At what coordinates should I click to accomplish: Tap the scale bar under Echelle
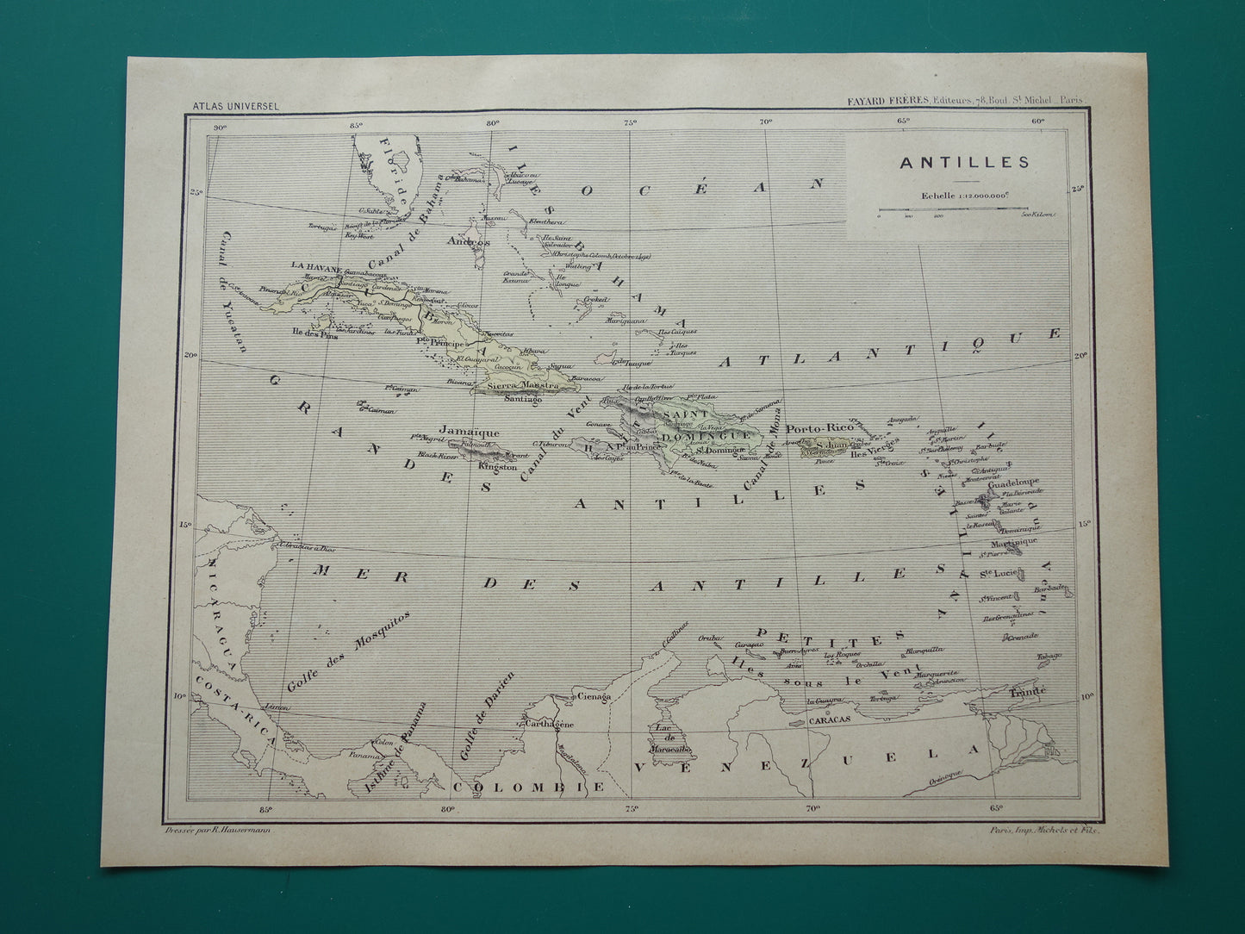(x=964, y=210)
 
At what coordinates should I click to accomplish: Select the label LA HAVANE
(x=318, y=265)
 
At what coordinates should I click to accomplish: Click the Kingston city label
(x=498, y=466)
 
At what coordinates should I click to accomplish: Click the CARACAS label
(x=830, y=718)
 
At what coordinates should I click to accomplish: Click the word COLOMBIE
(x=530, y=787)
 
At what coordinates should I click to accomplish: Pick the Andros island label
(x=468, y=243)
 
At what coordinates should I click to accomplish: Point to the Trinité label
(x=1029, y=691)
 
